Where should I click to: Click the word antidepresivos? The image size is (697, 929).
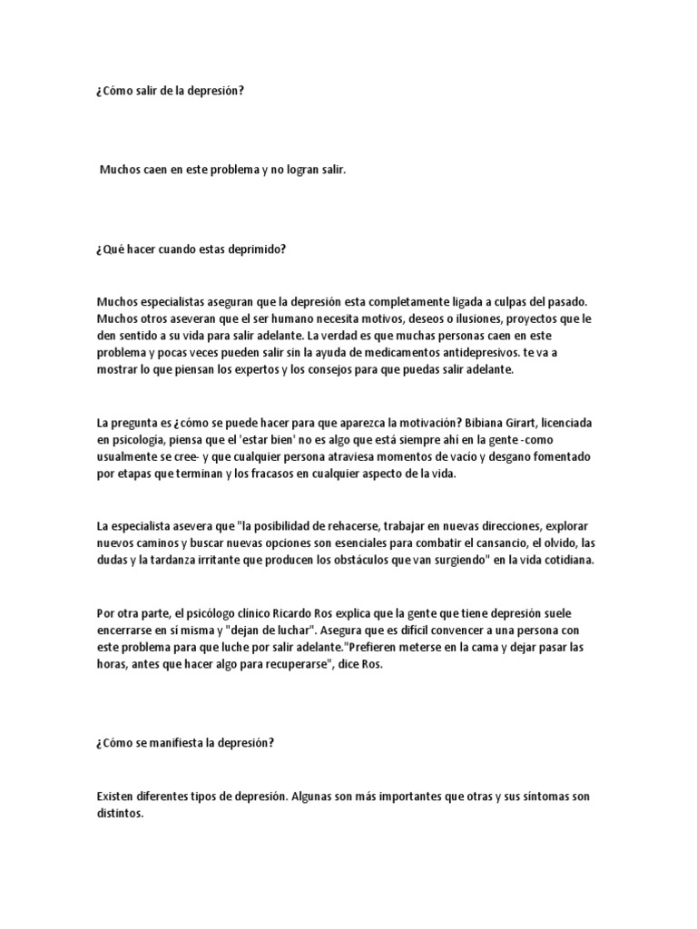point(449,351)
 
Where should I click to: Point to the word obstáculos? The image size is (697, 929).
point(381,560)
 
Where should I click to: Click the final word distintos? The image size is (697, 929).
point(120,814)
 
